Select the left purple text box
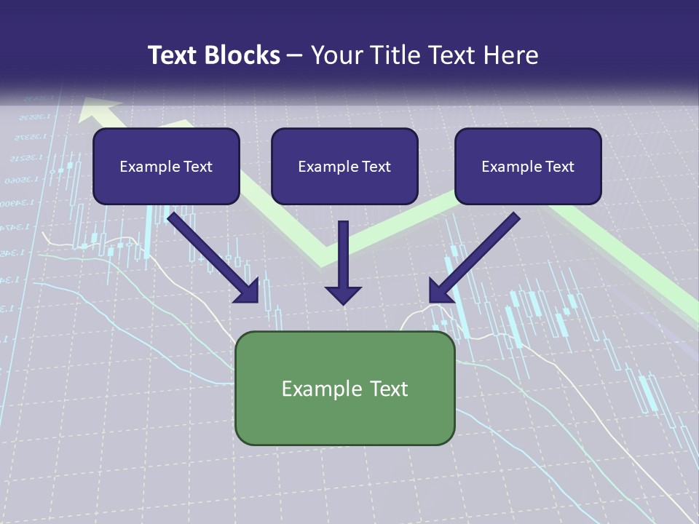(x=166, y=166)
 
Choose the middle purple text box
(x=344, y=166)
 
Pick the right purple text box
(x=528, y=166)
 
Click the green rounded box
(x=344, y=388)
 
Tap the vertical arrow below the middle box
(x=343, y=262)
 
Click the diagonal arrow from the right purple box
(x=473, y=258)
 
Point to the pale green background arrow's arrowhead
(x=99, y=109)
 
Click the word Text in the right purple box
(x=559, y=167)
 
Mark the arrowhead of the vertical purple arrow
(x=343, y=294)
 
